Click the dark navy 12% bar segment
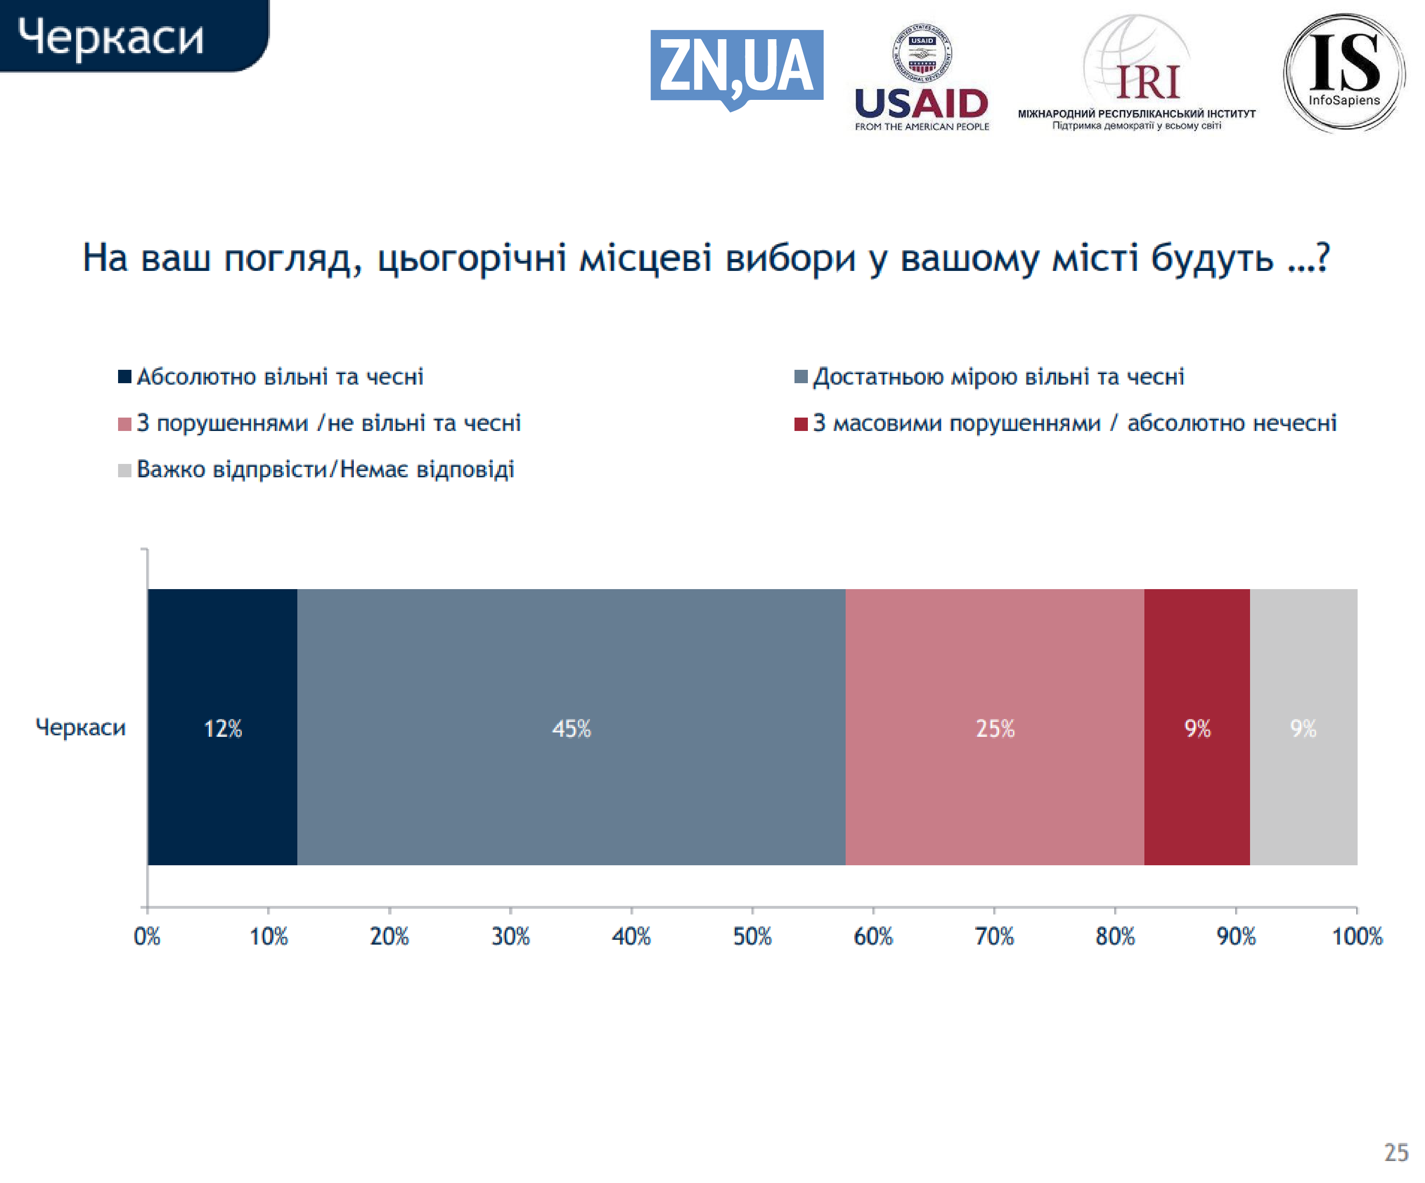[x=223, y=727]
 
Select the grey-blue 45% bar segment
[x=571, y=727]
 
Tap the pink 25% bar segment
[x=995, y=727]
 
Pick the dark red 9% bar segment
[x=1197, y=727]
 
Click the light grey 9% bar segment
[x=1304, y=727]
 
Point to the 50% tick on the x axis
[x=752, y=910]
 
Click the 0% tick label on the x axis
[x=147, y=937]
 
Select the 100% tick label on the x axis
[x=1357, y=937]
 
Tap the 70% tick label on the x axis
[x=994, y=937]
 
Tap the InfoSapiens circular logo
[x=1344, y=73]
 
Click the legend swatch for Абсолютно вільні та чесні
[x=124, y=376]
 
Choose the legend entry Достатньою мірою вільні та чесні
[x=990, y=376]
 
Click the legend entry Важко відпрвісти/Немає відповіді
[x=316, y=469]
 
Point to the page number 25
[x=1396, y=1152]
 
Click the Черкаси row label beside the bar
[x=81, y=727]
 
